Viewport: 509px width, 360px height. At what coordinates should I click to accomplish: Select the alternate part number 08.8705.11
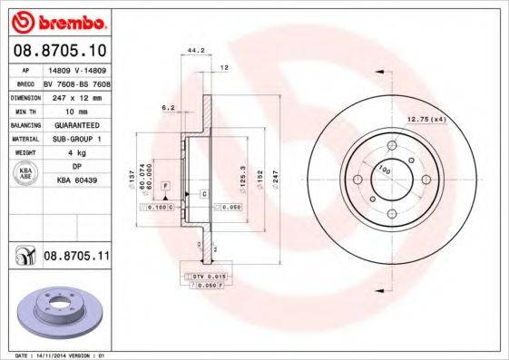click(77, 258)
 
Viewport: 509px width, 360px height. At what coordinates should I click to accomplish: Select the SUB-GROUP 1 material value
click(76, 139)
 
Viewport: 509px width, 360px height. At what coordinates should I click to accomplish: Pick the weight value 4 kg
click(76, 153)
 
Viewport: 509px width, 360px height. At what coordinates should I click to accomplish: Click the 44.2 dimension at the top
click(192, 52)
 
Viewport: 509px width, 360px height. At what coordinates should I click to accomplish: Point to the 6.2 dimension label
click(168, 107)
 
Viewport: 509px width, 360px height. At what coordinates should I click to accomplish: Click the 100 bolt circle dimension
click(384, 170)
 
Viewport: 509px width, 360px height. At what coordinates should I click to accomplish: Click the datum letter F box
click(167, 185)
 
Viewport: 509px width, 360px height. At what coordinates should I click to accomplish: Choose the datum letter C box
click(204, 194)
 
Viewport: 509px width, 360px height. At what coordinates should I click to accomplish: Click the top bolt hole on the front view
click(392, 145)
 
